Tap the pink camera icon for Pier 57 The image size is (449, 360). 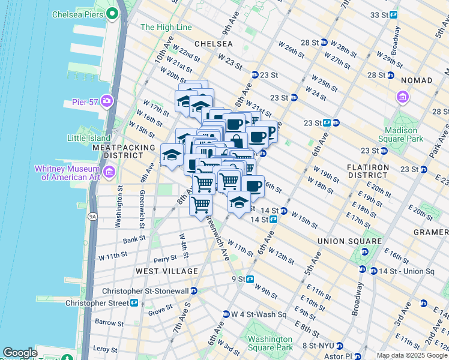pyautogui.click(x=107, y=100)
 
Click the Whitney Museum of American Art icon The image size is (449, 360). pyautogui.click(x=109, y=173)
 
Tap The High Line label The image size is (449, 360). pyautogui.click(x=166, y=27)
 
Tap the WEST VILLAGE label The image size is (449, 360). pyautogui.click(x=167, y=271)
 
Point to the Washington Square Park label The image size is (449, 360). pyautogui.click(x=270, y=343)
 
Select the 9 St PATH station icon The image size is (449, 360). pyautogui.click(x=250, y=279)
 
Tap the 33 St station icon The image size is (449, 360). pyautogui.click(x=393, y=14)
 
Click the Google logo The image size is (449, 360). pyautogui.click(x=20, y=353)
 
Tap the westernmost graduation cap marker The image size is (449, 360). pyautogui.click(x=172, y=155)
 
